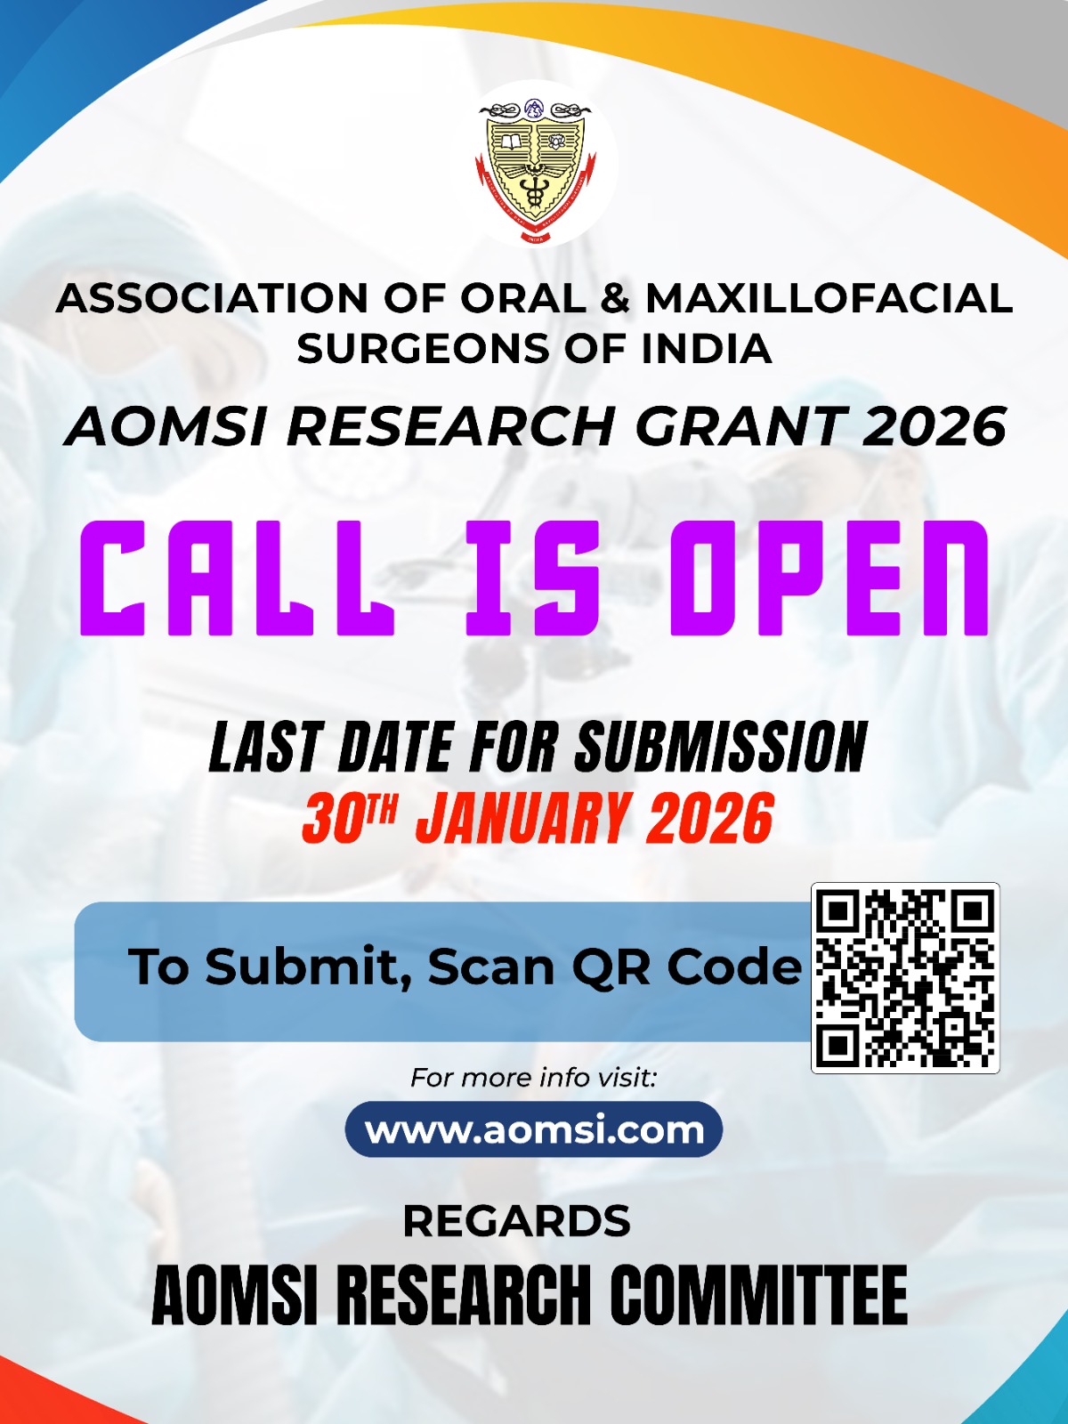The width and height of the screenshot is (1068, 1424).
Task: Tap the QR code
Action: (x=905, y=977)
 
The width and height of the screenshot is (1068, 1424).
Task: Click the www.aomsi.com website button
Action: (x=534, y=1129)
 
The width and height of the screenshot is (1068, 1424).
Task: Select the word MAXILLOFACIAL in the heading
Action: (x=829, y=298)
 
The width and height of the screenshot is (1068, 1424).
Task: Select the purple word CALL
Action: (x=238, y=578)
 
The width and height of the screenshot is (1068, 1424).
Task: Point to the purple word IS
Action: (x=533, y=578)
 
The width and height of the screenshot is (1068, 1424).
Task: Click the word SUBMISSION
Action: (x=721, y=747)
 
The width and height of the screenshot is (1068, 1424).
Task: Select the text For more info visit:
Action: (x=534, y=1078)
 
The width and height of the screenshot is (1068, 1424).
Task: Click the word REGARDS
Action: (x=517, y=1221)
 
